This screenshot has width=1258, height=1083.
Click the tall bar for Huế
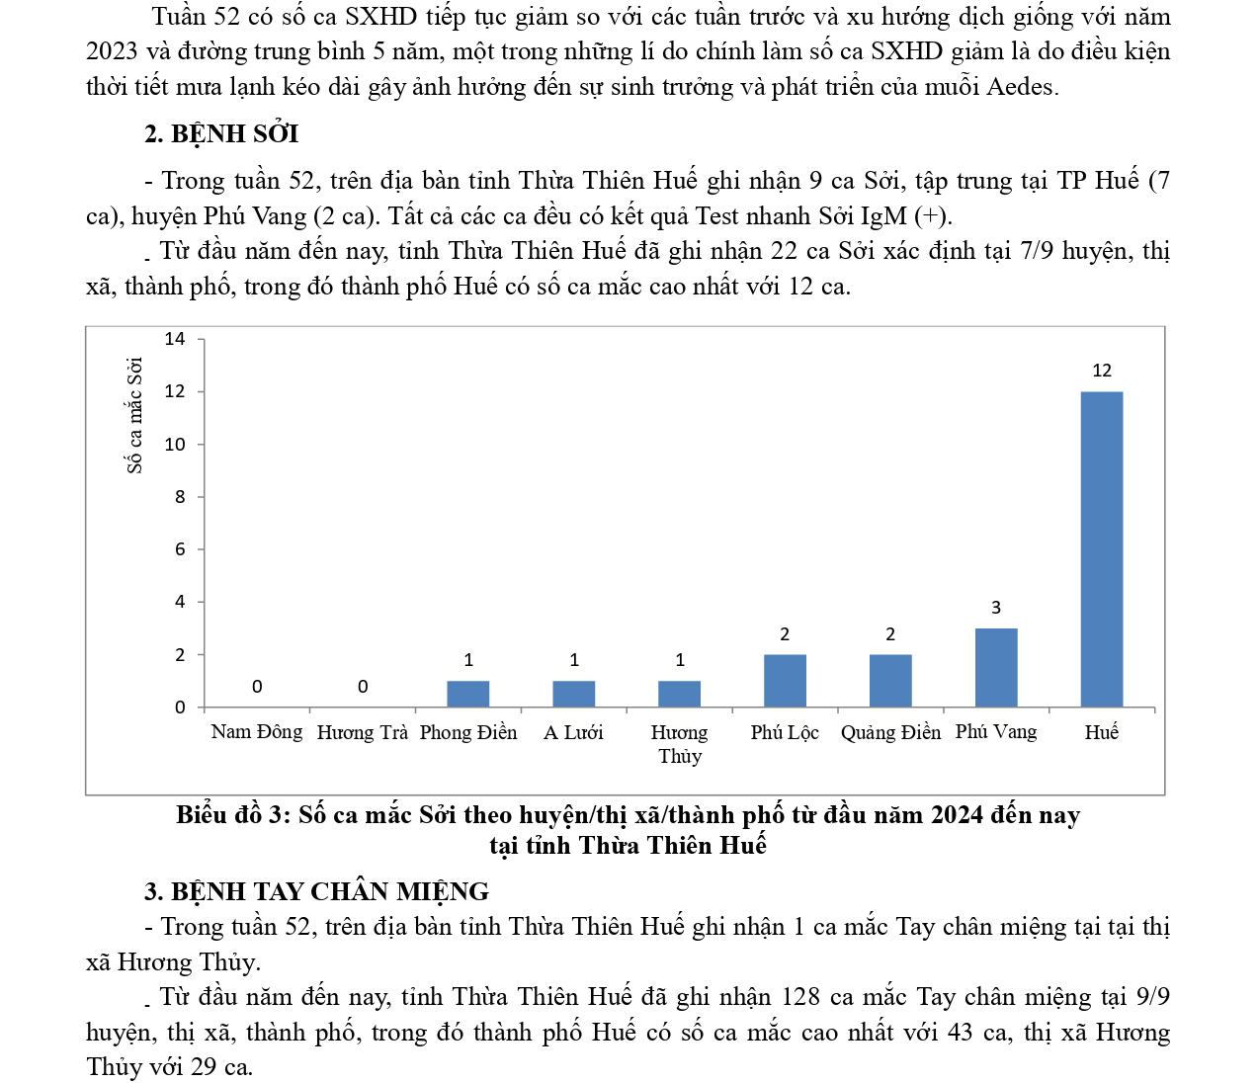pos(1101,548)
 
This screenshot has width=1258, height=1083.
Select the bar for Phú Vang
pos(996,667)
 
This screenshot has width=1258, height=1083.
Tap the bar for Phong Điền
pos(468,694)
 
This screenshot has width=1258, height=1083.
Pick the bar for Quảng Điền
pos(890,680)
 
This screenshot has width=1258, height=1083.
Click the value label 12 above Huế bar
pos(1102,371)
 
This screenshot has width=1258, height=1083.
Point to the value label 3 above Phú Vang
pos(996,608)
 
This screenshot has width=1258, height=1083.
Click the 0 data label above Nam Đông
pos(257,686)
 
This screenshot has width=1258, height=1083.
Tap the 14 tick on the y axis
pos(175,339)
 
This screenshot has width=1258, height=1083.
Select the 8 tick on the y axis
pos(180,497)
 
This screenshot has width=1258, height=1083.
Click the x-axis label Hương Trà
pos(362,732)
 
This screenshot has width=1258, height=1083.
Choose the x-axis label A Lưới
pos(573,732)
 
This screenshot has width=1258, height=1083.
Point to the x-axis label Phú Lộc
pos(785,732)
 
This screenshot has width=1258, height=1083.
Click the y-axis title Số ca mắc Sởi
pos(135,415)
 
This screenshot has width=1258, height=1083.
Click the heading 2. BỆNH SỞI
pos(221,133)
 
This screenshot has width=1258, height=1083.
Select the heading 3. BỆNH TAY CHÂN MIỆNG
pos(316,891)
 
